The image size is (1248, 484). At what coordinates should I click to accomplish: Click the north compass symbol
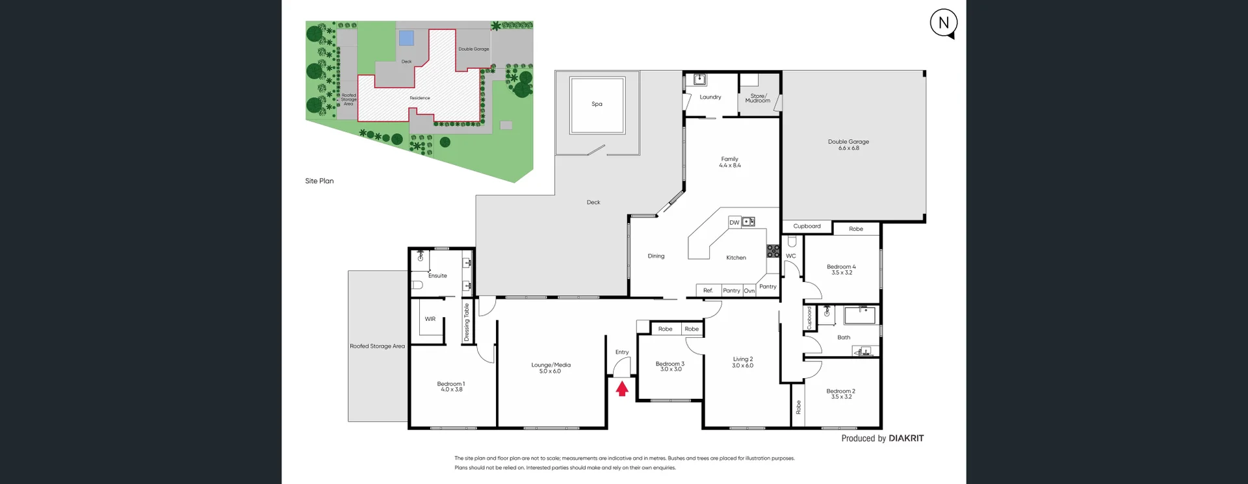(x=944, y=23)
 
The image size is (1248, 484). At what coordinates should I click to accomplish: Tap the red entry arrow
(x=622, y=388)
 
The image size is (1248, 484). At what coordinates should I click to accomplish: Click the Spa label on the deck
(x=597, y=104)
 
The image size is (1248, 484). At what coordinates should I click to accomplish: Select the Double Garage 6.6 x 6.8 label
(x=848, y=145)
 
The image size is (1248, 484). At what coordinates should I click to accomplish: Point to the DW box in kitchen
(x=734, y=222)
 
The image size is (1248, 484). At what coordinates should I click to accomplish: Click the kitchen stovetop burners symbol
(x=773, y=251)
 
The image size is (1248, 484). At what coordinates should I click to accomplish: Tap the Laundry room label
(x=710, y=97)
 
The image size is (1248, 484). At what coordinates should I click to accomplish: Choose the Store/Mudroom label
(x=758, y=98)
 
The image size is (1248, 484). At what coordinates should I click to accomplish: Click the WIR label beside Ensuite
(x=430, y=319)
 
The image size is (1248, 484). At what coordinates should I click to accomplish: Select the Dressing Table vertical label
(x=467, y=322)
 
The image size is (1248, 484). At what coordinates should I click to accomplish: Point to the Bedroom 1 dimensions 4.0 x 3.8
(x=451, y=390)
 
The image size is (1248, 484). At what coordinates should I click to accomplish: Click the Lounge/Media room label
(x=551, y=365)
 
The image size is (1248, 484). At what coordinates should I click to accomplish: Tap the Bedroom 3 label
(x=669, y=364)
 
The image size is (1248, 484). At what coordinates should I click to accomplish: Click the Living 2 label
(x=742, y=359)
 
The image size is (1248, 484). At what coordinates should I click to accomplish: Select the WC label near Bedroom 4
(x=790, y=256)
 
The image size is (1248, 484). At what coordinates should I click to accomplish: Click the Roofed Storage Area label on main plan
(x=377, y=346)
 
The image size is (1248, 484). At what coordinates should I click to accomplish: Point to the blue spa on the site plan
(x=406, y=38)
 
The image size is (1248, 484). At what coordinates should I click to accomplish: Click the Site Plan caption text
(x=319, y=181)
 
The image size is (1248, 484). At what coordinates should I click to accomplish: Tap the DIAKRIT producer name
(x=906, y=439)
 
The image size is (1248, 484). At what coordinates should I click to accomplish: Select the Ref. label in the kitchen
(x=708, y=290)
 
